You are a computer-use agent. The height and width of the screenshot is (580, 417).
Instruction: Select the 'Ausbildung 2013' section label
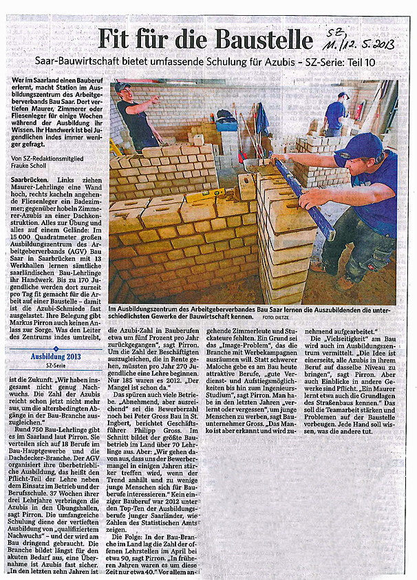coord(55,356)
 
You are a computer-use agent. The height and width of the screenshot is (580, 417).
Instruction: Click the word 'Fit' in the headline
coord(116,39)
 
